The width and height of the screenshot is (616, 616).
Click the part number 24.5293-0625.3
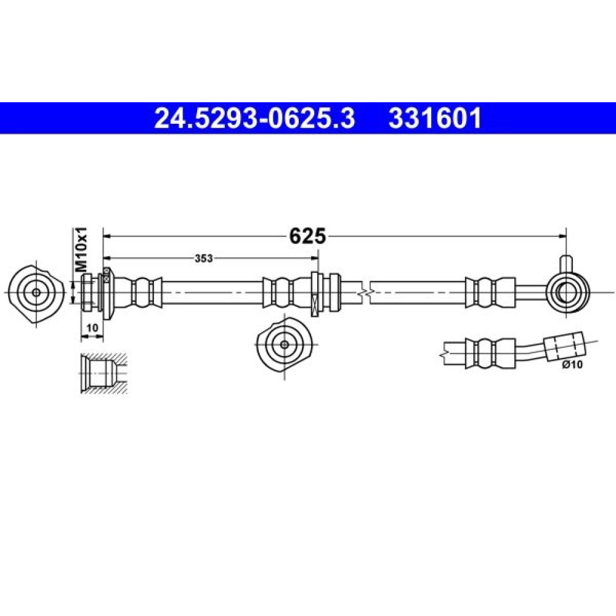(254, 118)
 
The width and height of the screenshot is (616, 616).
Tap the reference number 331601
(435, 118)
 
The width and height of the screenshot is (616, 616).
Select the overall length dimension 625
(307, 236)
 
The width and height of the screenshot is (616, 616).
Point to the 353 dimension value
(204, 258)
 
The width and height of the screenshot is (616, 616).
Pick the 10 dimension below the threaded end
(92, 327)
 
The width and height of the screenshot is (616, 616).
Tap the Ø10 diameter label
(572, 365)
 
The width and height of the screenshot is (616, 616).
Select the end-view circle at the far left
(36, 293)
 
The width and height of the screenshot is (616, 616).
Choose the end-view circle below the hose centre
(285, 344)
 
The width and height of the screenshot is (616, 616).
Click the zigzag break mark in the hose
(365, 293)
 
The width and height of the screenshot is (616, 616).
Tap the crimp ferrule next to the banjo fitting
(490, 293)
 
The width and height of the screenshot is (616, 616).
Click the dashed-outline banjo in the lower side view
(564, 346)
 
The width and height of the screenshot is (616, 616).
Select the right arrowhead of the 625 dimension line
(562, 236)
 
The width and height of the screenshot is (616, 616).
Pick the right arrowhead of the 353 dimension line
(314, 258)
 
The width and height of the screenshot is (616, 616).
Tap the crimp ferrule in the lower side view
(490, 353)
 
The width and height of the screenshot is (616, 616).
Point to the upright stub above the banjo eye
(566, 264)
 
